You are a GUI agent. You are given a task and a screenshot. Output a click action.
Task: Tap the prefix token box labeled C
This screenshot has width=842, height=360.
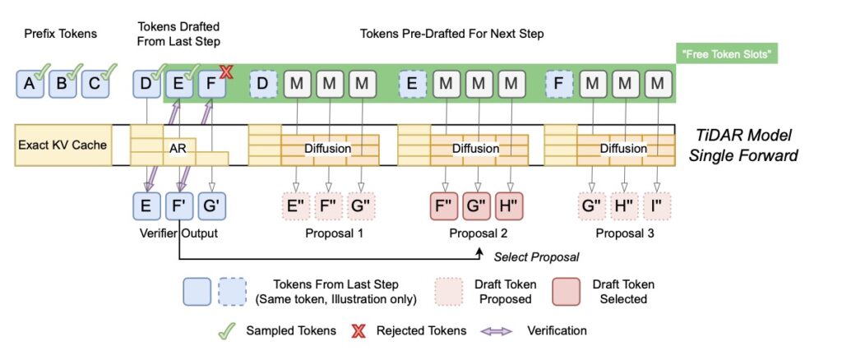coord(94,85)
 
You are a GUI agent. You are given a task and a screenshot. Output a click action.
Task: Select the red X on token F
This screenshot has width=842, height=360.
coord(226,72)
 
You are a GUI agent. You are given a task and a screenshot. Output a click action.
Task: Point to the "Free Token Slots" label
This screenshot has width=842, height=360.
coord(725,56)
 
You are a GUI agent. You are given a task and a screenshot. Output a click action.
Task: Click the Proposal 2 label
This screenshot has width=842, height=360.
coord(477,233)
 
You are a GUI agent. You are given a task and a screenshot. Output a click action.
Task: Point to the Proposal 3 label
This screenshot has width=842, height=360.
coord(623,233)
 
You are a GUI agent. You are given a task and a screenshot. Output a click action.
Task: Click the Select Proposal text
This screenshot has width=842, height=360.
coord(536,257)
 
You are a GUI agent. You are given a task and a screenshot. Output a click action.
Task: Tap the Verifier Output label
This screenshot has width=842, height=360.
coord(178,233)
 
